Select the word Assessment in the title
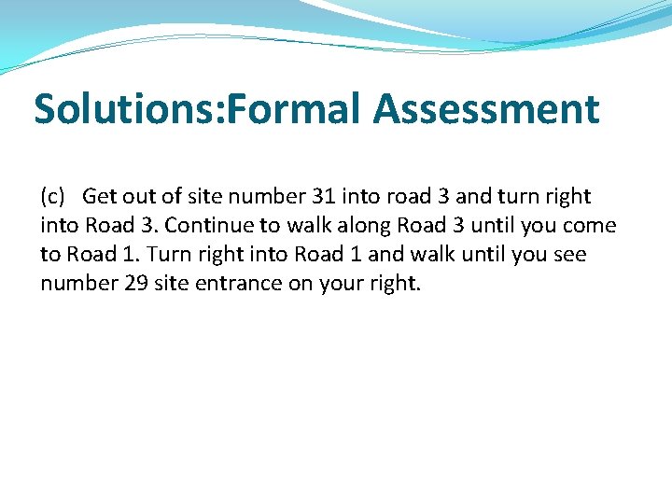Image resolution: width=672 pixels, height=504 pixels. [486, 109]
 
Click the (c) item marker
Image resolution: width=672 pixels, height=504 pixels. [52, 197]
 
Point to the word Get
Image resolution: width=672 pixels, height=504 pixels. [99, 197]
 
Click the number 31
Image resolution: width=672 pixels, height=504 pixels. [323, 197]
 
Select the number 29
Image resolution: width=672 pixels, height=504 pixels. [136, 283]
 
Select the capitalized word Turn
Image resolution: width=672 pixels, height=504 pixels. [168, 255]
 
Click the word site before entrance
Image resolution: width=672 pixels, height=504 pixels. [179, 283]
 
